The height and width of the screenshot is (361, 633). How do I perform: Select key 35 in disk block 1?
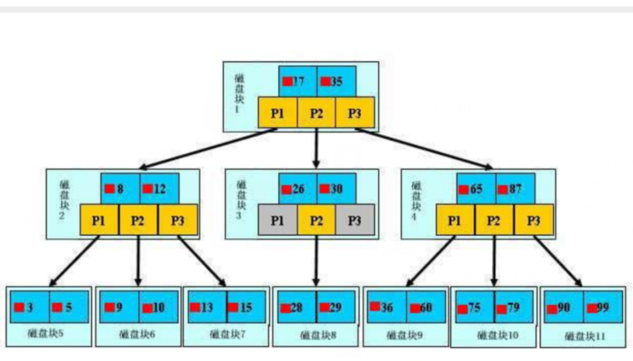coord(336,81)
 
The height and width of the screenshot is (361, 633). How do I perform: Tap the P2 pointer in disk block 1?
coord(316,113)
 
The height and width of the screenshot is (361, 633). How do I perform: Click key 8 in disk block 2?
coord(120,188)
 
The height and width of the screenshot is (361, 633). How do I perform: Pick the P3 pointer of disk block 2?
coord(177,221)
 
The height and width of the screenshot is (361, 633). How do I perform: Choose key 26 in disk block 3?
coord(298,189)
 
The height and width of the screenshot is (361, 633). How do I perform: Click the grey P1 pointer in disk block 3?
coord(277,221)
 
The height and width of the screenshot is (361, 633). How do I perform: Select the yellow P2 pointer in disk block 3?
coord(316,221)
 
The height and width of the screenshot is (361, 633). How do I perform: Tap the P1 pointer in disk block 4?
coord(456,221)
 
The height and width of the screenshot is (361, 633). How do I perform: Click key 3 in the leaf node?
coord(29,308)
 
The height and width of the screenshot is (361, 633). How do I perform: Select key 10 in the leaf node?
coord(158,308)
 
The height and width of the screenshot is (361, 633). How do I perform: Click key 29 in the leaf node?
coord(335,308)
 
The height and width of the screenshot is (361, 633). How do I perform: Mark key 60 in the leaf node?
coord(425,308)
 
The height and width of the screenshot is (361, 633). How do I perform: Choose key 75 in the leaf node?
coord(473,308)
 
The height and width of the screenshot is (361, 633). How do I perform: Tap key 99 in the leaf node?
coord(603,308)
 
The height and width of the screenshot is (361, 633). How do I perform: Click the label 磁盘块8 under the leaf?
coord(318,335)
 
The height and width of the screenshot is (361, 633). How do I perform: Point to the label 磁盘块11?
coord(585,336)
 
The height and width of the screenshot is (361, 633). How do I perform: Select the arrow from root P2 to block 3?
coord(316,147)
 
